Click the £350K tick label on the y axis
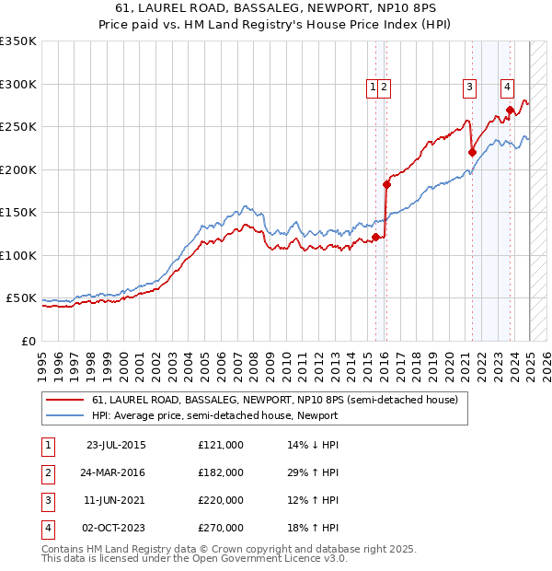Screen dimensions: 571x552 pyautogui.click(x=17, y=41)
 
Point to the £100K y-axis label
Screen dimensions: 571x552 pyautogui.click(x=17, y=255)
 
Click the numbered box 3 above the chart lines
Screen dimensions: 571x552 pyautogui.click(x=469, y=87)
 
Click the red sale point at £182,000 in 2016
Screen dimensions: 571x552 pyautogui.click(x=386, y=184)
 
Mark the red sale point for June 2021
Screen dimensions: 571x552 pyautogui.click(x=472, y=153)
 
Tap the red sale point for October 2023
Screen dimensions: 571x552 pyautogui.click(x=510, y=111)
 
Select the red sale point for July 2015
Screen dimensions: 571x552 pyautogui.click(x=375, y=238)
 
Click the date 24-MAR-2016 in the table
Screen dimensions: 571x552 pyautogui.click(x=115, y=472)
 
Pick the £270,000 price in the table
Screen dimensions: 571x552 pyautogui.click(x=221, y=528)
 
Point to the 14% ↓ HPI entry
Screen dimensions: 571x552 pyautogui.click(x=313, y=445)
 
